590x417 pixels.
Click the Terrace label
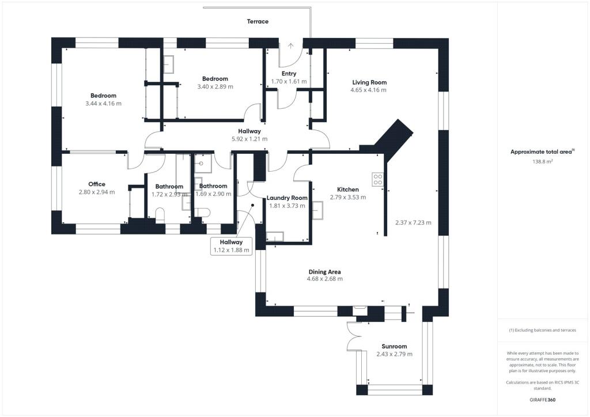pyautogui.click(x=258, y=21)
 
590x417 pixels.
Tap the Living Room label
pyautogui.click(x=369, y=82)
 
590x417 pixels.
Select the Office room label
pyautogui.click(x=97, y=184)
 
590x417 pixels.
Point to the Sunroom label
pyautogui.click(x=394, y=346)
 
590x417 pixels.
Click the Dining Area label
pyautogui.click(x=325, y=272)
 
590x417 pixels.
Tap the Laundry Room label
pyautogui.click(x=287, y=198)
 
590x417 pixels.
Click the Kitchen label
pyautogui.click(x=347, y=189)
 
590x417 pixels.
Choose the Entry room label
pyautogui.click(x=289, y=74)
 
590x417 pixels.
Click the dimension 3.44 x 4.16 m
pyautogui.click(x=104, y=104)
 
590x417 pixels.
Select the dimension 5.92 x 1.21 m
pyautogui.click(x=249, y=139)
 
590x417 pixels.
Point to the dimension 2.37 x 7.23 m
pyautogui.click(x=413, y=222)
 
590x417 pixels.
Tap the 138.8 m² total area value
pyautogui.click(x=543, y=162)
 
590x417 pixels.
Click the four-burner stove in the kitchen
pyautogui.click(x=378, y=179)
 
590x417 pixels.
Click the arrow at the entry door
pyautogui.click(x=291, y=46)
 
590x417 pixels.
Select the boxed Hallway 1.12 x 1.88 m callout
pyautogui.click(x=231, y=246)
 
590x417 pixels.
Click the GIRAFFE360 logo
pyautogui.click(x=543, y=400)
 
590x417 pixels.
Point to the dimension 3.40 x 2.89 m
pyautogui.click(x=215, y=86)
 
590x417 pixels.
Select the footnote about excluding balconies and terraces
pyautogui.click(x=543, y=330)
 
